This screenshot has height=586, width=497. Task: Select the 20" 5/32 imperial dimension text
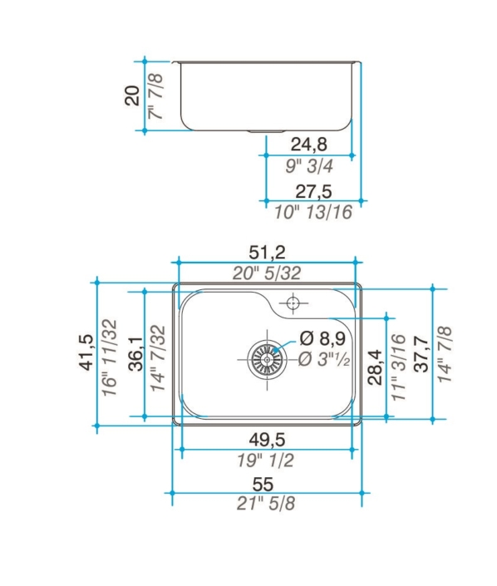point(267,273)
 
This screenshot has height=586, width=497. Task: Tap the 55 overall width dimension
point(263,485)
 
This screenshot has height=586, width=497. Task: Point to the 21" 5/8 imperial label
point(266,504)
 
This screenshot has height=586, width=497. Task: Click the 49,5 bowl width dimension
point(267,440)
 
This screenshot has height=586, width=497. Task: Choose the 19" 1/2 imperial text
point(266,460)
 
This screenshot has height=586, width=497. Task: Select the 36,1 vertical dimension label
point(135,353)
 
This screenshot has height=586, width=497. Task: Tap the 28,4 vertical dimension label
point(375,367)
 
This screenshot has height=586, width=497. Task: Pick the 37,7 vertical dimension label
point(421,354)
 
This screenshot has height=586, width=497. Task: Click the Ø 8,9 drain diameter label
point(322,338)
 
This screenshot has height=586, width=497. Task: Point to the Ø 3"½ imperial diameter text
point(324,359)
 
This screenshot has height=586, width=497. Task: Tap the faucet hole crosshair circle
point(293,303)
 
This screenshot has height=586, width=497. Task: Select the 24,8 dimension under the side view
point(308,145)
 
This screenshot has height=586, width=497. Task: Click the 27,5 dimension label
point(313,192)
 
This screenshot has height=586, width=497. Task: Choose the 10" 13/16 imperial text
point(313,212)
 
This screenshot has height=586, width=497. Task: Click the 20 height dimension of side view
point(132,96)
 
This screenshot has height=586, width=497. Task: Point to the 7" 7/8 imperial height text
point(155,96)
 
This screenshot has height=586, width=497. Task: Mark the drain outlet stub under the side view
point(267,131)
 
